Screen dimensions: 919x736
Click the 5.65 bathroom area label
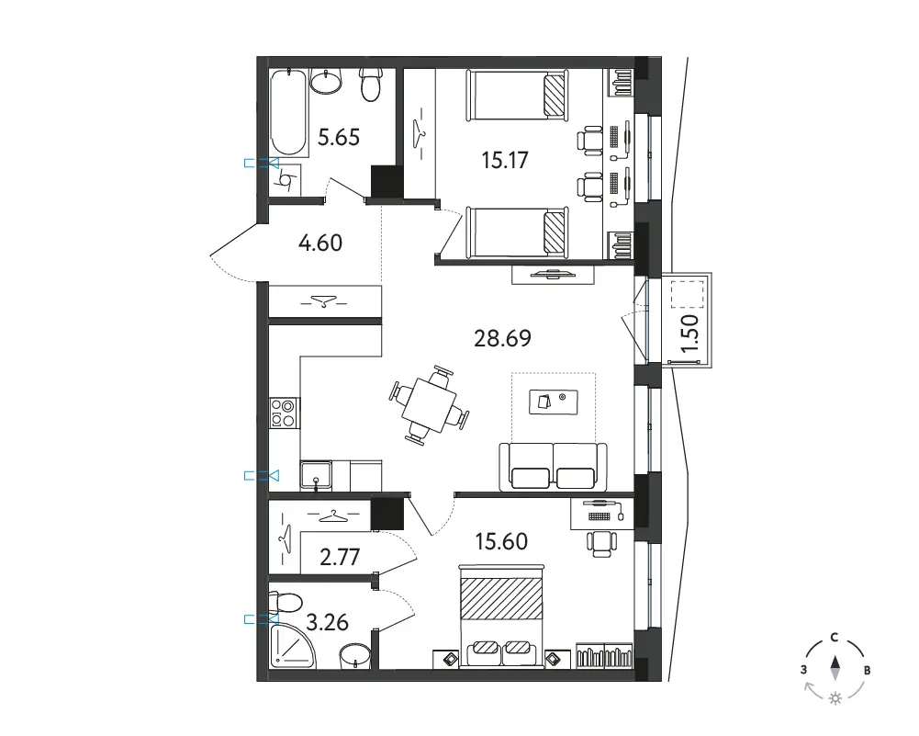coord(338,137)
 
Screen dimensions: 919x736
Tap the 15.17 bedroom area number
coord(505,160)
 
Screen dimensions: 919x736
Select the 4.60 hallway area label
coord(320,243)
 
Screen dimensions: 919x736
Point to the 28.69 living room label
coord(502,338)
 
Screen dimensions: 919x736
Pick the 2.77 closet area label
coord(340,557)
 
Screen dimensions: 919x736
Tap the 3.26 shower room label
coord(327,622)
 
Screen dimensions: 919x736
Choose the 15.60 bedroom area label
coord(501,541)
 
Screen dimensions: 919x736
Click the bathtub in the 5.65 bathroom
coord(288,113)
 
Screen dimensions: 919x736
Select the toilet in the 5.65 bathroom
coord(370,84)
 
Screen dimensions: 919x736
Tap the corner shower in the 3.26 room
coord(292,646)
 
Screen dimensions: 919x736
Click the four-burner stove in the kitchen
coord(284,413)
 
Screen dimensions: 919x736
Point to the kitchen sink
coord(316,476)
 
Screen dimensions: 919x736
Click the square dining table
coord(429,405)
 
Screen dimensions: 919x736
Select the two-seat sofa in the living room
coord(553,467)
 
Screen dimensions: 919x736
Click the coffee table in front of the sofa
coord(554,402)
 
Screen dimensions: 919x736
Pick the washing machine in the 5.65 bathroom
coord(286,180)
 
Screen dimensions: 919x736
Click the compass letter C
coord(834,638)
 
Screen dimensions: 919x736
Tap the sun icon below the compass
coord(835,698)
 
